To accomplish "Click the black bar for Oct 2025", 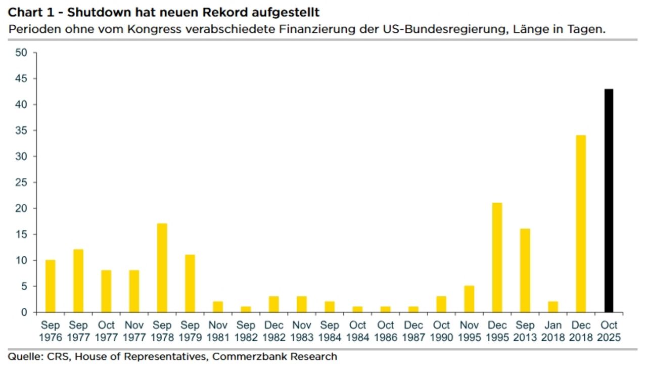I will tap(609, 201).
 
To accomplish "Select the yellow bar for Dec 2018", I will tap(581, 224).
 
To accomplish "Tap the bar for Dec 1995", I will tap(497, 257).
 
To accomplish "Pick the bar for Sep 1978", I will tap(162, 268).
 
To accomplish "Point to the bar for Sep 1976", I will tap(51, 286).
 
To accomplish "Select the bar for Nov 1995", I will tap(470, 299).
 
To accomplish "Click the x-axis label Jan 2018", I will tap(553, 331).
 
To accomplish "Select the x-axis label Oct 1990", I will tap(441, 331).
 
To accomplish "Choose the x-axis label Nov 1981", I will tap(218, 331).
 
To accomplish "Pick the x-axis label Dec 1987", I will tap(413, 331).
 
